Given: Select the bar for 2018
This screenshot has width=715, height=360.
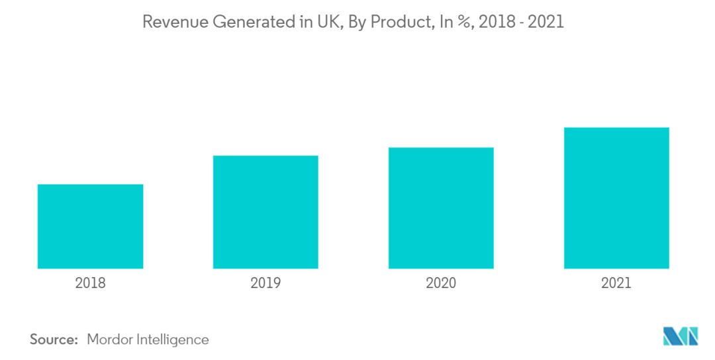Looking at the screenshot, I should [x=90, y=226].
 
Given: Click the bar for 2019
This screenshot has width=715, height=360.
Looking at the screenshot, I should [x=265, y=212].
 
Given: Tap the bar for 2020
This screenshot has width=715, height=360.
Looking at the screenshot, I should [x=441, y=208].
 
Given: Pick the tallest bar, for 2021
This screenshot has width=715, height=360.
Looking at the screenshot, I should [x=616, y=198].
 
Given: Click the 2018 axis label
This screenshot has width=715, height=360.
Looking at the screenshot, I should [x=90, y=283].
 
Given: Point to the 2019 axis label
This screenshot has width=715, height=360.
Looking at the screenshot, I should [x=265, y=283].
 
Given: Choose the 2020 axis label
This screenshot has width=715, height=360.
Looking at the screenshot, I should [x=441, y=283].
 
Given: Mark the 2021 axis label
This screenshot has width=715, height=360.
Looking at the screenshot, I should [x=616, y=283].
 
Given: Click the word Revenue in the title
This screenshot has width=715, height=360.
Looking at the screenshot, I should [x=171, y=22].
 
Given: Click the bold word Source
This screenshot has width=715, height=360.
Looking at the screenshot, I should [x=53, y=339].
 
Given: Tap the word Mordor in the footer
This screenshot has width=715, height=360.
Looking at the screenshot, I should [x=110, y=339].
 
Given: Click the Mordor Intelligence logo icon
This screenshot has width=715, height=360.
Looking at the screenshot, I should [x=680, y=336].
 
